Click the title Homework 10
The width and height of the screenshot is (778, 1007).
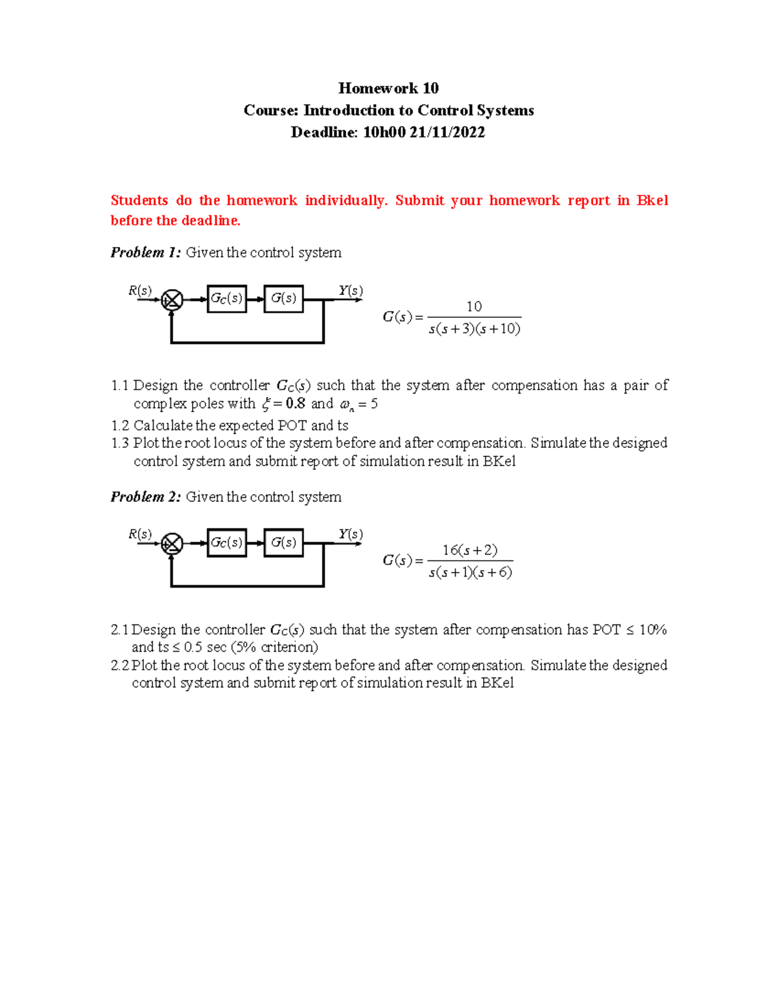click(x=388, y=88)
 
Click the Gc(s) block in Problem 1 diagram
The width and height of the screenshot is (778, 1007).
click(x=226, y=299)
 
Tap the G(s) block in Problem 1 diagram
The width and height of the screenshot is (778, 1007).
click(x=283, y=299)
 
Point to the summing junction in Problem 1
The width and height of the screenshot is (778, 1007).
click(x=172, y=300)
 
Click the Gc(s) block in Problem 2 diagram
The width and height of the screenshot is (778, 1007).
click(x=226, y=543)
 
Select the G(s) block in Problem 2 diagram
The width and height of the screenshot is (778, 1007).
click(x=283, y=543)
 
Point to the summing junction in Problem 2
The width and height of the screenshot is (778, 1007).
click(x=172, y=544)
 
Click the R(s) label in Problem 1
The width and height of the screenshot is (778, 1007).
click(x=140, y=290)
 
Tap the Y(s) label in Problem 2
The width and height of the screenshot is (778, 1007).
click(x=350, y=534)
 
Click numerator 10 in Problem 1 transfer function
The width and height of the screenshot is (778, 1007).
click(x=474, y=306)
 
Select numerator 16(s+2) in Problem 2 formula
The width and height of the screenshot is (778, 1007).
click(x=470, y=550)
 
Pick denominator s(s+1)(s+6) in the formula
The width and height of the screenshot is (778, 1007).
click(x=470, y=573)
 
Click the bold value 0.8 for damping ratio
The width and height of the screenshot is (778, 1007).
click(x=295, y=403)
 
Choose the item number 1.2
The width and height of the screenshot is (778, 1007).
click(x=120, y=426)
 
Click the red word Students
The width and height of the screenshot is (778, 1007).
click(x=139, y=200)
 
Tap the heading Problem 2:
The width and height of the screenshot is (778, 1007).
click(x=145, y=497)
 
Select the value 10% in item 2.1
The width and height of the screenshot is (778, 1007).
click(x=652, y=630)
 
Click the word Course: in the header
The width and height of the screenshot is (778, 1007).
click(x=270, y=110)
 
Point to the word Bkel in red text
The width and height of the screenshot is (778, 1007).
click(x=652, y=200)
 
